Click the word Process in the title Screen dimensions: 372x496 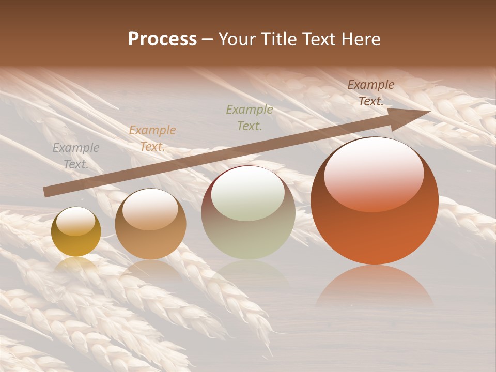tap(162, 39)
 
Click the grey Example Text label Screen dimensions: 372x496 tap(76, 156)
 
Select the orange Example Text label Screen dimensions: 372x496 tap(152, 138)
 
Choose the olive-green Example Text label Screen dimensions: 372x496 tap(250, 117)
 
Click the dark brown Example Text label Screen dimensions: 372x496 tap(371, 93)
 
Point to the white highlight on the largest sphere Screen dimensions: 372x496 tap(374, 173)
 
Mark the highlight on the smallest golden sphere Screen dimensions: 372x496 tap(76, 221)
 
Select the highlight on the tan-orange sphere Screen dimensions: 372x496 tap(150, 209)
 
